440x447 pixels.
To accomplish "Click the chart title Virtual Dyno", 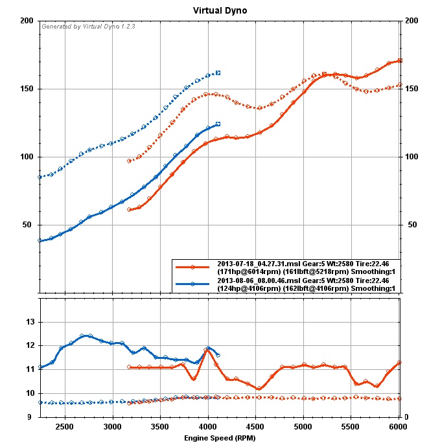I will point(220,11).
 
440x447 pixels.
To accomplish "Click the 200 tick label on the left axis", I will point(27,21).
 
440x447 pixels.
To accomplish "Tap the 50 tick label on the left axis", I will point(29,225).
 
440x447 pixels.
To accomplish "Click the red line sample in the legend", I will point(193,266).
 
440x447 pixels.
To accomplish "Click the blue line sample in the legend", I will point(193,284).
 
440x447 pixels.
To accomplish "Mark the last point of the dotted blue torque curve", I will point(218,73).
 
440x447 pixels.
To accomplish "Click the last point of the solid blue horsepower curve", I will point(218,124).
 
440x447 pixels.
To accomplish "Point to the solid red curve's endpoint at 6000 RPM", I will point(400,60).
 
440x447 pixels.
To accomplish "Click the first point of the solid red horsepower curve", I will point(130,210).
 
